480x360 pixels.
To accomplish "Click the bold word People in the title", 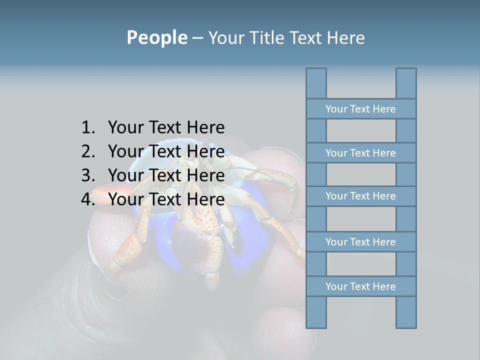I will click(156, 38).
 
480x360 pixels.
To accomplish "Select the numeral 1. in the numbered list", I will click(88, 128).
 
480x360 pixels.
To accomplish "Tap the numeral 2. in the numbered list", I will click(88, 151).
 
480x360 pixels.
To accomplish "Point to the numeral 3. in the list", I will click(88, 175).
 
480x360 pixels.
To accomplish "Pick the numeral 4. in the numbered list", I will click(88, 199).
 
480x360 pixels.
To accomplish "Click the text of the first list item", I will click(166, 128).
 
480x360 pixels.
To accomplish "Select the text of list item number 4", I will click(166, 199).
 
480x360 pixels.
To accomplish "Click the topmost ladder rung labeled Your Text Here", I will click(360, 109).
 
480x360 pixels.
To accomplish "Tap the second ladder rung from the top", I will click(360, 153).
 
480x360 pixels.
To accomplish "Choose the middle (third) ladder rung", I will click(360, 196).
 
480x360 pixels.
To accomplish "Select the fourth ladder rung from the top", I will click(360, 242).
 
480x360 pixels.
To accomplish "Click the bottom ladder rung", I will click(360, 286).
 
